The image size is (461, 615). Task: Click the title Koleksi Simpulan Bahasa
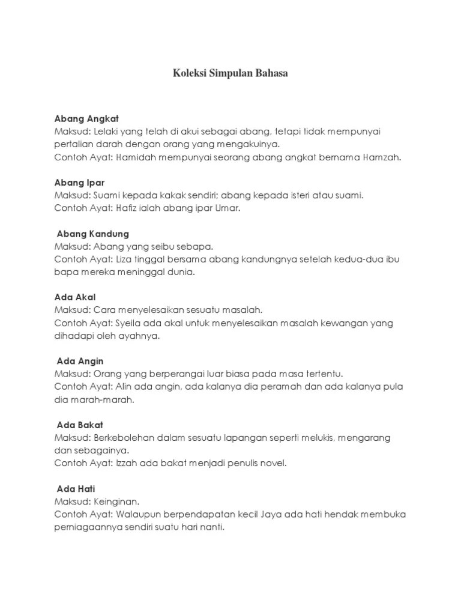pyautogui.click(x=230, y=73)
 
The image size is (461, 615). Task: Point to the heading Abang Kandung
pyautogui.click(x=92, y=234)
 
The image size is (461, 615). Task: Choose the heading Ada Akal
pyautogui.click(x=75, y=297)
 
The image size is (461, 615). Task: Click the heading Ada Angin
pyautogui.click(x=80, y=361)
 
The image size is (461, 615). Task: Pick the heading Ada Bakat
pyautogui.click(x=80, y=425)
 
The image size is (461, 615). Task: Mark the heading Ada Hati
pyautogui.click(x=76, y=489)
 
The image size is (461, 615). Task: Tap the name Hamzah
pyautogui.click(x=380, y=157)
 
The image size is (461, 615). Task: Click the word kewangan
pyautogui.click(x=340, y=323)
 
